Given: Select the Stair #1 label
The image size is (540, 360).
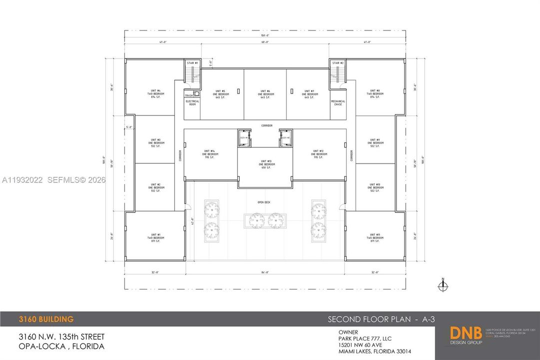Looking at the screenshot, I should [192, 63].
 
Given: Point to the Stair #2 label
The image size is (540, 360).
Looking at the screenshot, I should [338, 63].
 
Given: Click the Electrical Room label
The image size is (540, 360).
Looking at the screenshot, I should [192, 103].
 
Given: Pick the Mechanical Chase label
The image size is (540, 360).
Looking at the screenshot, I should [338, 103].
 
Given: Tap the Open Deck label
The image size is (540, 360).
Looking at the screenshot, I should [264, 202].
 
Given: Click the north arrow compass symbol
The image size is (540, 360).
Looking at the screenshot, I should [443, 285].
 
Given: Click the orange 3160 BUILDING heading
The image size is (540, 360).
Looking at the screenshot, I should [46, 319].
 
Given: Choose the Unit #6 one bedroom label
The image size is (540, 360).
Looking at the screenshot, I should [265, 94].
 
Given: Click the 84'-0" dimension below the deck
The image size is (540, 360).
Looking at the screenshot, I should [265, 272].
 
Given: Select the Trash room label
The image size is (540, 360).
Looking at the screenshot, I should [189, 95].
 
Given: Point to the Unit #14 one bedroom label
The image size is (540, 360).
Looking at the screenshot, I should [209, 153].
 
